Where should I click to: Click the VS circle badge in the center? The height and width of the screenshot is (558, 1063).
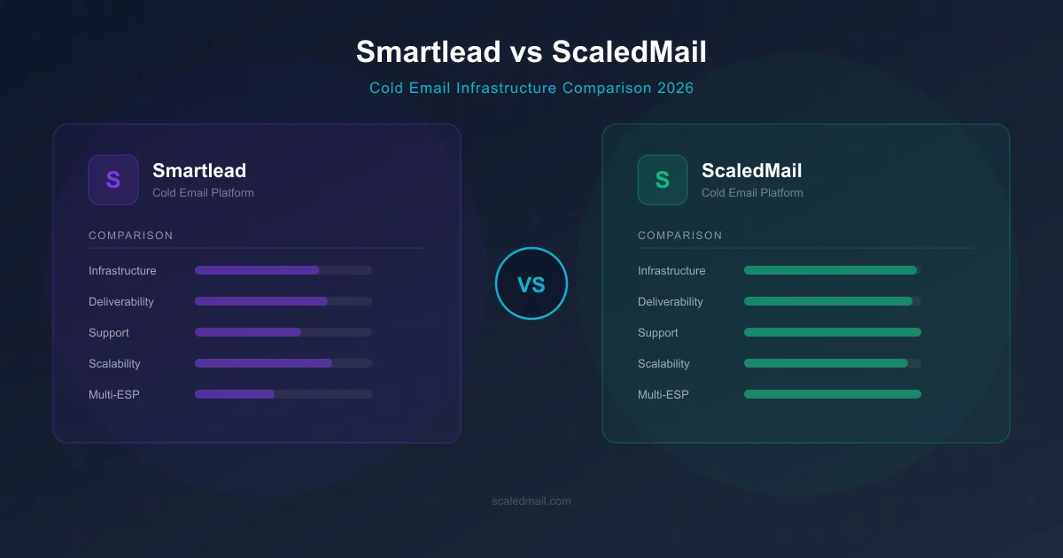click(531, 283)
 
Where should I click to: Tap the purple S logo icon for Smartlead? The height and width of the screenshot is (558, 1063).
click(113, 180)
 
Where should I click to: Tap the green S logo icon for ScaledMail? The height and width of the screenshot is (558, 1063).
click(663, 180)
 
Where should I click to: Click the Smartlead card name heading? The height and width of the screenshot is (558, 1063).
click(199, 170)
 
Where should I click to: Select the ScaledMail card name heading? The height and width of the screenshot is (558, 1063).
click(751, 170)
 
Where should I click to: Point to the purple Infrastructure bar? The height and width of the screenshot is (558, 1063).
click(257, 270)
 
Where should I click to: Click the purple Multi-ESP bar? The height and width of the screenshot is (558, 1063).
click(235, 394)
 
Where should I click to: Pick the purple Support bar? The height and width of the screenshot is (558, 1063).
click(248, 332)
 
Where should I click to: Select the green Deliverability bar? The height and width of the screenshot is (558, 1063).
click(828, 301)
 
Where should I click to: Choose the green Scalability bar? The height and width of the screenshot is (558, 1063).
click(826, 363)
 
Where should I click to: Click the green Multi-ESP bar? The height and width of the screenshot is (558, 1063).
click(833, 394)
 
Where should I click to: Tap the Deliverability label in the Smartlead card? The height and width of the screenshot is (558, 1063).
click(121, 302)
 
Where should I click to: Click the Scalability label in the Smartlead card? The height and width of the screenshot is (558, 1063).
click(114, 364)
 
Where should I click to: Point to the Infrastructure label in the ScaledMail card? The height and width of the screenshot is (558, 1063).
click(671, 271)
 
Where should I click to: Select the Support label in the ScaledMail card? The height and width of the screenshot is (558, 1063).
click(658, 333)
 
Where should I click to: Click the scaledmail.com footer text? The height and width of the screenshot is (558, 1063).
click(531, 501)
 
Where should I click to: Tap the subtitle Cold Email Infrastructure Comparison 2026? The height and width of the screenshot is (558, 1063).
click(531, 89)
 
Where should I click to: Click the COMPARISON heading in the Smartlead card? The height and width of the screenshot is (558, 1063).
click(131, 236)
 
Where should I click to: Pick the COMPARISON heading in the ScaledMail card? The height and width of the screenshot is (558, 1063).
click(680, 236)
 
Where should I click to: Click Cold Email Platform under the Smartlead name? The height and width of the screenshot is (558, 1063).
click(203, 193)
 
